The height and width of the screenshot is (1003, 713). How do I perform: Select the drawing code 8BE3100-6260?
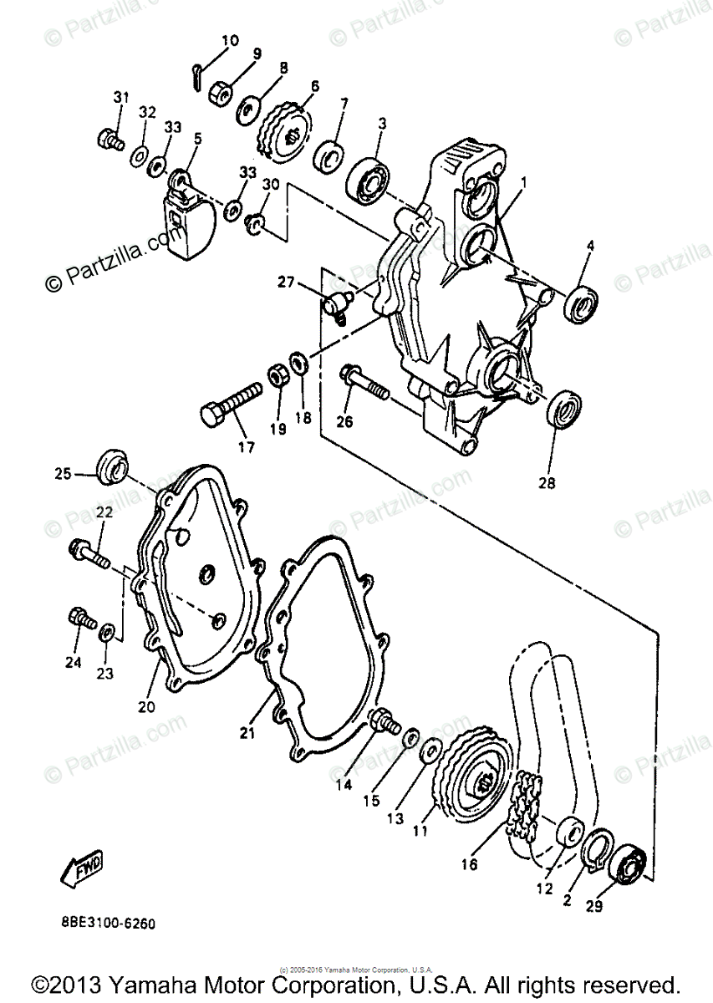(108, 924)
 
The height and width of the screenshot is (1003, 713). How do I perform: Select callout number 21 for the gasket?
(246, 733)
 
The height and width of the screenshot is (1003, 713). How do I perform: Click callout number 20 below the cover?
(146, 705)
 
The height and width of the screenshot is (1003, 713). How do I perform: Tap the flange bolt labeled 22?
(85, 552)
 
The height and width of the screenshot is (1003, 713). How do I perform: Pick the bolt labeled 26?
(364, 384)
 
